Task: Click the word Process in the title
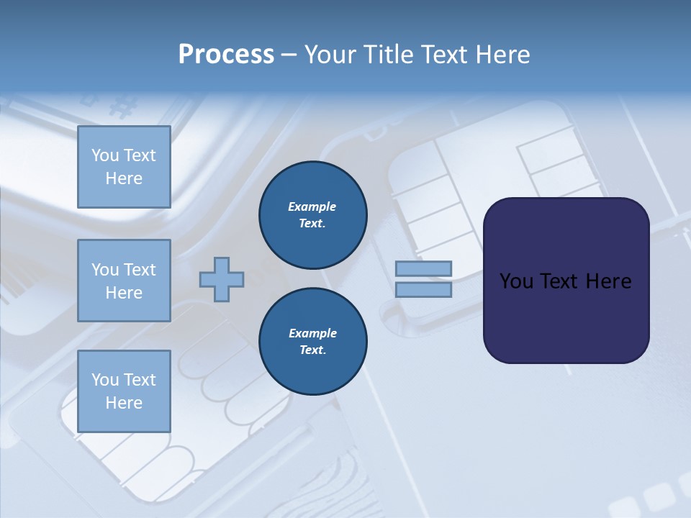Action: [226, 55]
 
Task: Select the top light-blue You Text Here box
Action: [124, 167]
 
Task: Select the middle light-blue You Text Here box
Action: [124, 281]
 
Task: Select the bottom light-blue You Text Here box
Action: [124, 391]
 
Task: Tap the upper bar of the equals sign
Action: [423, 269]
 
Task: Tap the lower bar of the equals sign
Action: [423, 290]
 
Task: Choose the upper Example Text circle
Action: [312, 215]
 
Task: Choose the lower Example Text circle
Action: [312, 341]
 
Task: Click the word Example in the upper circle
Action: [312, 206]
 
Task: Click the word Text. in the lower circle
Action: [312, 350]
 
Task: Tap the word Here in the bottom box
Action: [124, 403]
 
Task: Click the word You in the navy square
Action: [516, 281]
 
